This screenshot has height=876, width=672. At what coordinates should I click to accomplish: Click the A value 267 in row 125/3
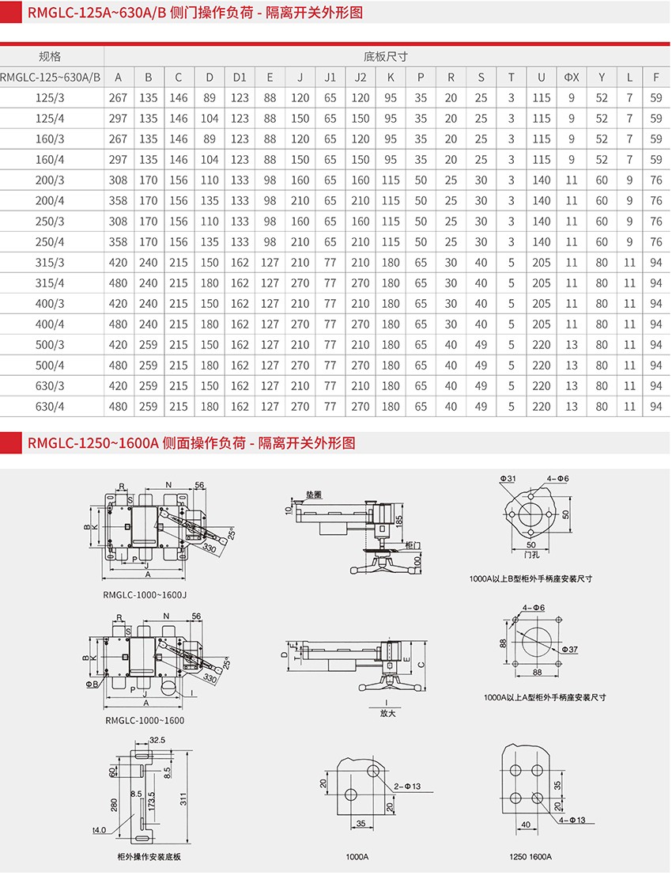point(118,98)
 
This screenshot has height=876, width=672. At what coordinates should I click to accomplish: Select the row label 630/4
point(50,407)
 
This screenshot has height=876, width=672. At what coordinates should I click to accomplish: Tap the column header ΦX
point(572,78)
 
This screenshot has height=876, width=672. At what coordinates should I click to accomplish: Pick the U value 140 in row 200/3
point(542,180)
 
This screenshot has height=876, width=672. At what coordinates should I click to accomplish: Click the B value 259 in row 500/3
point(148,345)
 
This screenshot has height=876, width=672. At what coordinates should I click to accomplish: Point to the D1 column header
point(240,78)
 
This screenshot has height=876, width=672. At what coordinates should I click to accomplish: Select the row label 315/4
point(50,283)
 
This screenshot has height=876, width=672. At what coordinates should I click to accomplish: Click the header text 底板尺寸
point(386,56)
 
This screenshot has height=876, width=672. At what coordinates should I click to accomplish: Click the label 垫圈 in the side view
point(313,494)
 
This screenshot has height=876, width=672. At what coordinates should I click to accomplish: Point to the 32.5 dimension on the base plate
point(156,740)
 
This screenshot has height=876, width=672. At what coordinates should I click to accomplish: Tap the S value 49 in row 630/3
point(481,386)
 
